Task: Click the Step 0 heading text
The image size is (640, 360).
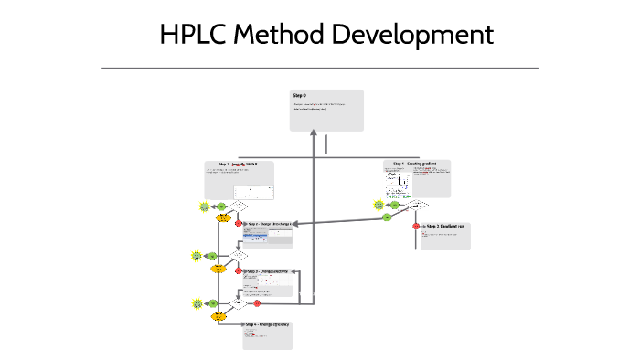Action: click(299, 96)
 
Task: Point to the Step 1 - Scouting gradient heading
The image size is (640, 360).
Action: click(414, 164)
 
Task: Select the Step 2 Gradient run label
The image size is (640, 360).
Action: click(446, 226)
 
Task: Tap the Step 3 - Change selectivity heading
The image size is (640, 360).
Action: click(267, 271)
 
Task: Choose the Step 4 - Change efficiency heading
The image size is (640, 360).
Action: click(267, 324)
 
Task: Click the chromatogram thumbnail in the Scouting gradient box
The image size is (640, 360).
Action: click(401, 186)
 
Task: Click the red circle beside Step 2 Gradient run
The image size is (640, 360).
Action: click(416, 226)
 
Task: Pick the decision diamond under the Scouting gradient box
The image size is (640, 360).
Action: click(418, 205)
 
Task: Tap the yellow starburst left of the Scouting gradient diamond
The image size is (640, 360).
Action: click(379, 206)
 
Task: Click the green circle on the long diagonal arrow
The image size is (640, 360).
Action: click(388, 217)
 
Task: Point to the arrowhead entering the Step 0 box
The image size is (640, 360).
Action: click(315, 134)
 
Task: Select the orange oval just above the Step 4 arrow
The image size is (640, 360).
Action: click(219, 316)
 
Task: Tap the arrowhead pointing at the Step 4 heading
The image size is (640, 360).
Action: click(241, 324)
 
